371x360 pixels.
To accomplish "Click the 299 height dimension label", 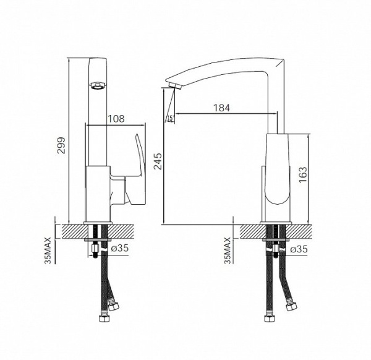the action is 62,145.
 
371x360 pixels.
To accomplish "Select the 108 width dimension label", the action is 116,119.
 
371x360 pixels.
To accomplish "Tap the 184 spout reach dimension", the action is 222,108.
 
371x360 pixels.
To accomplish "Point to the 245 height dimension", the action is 158,161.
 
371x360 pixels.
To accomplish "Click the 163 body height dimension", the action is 302,174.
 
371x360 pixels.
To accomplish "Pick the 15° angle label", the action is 171,119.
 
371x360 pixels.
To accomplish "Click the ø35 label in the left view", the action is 120,248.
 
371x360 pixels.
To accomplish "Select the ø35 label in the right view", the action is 299,249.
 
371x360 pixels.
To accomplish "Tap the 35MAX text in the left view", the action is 48,250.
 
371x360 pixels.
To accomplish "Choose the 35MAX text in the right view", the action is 228,250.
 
